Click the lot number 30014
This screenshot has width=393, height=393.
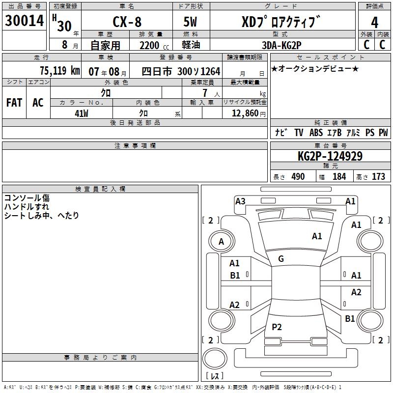pos(24,21)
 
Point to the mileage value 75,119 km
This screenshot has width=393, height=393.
pos(59,71)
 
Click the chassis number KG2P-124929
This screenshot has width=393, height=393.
pos(330,156)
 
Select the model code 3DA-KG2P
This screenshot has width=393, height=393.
pos(281,45)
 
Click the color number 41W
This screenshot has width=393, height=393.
pos(82,113)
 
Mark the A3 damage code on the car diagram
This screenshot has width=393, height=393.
pos(240,201)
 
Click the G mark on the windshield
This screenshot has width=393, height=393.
pos(281,259)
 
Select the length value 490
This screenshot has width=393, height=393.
pos(298,177)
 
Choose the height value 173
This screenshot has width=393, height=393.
pos(378,177)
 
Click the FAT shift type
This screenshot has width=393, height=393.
pos(14,103)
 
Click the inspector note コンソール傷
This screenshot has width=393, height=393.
pos(27,198)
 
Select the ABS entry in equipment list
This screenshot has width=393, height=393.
pos(316,133)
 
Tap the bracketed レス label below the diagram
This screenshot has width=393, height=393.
pos(215,376)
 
